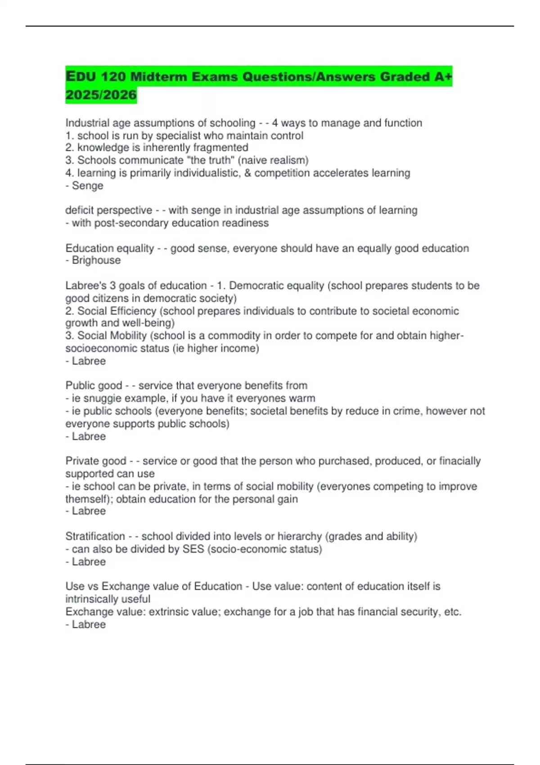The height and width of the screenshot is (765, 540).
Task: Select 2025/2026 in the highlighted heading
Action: tap(101, 95)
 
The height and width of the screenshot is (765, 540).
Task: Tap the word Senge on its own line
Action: tap(88, 186)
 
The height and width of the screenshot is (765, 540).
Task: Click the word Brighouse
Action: tap(96, 261)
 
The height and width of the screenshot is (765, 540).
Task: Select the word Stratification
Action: tap(95, 536)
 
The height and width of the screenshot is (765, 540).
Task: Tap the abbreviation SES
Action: tap(193, 549)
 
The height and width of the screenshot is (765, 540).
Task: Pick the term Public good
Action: tap(94, 386)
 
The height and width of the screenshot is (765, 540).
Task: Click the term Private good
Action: tap(96, 461)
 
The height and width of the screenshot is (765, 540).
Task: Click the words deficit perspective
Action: tap(109, 211)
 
